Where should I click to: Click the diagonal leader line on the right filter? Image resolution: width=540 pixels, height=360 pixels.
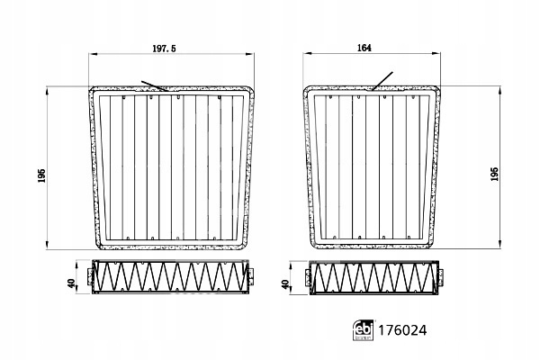point(383,80)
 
